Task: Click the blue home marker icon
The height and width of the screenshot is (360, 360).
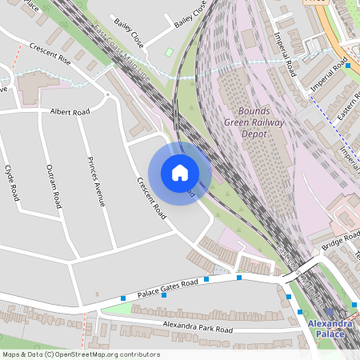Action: click(x=180, y=173)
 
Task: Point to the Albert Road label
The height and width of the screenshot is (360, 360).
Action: click(x=70, y=111)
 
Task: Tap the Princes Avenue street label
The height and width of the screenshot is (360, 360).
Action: click(x=96, y=183)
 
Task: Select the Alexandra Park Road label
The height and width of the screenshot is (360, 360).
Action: click(x=197, y=328)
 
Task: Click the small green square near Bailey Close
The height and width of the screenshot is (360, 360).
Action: click(x=169, y=53)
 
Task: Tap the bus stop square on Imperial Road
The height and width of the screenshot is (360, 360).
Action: click(x=348, y=66)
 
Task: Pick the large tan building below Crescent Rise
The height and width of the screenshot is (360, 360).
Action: click(x=38, y=87)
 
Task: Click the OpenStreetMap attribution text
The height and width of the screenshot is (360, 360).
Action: click(x=80, y=354)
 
